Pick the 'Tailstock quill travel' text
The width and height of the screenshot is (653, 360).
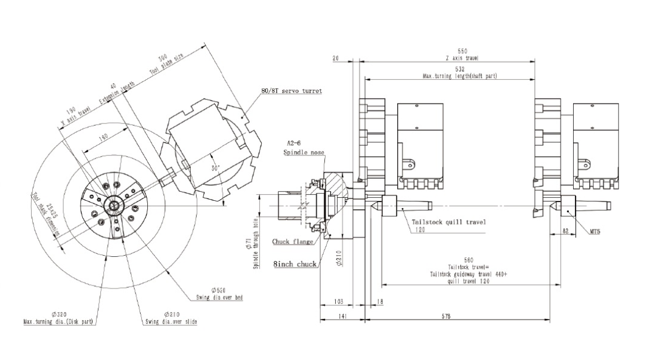(449, 222)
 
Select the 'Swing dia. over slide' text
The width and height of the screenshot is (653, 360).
(171, 322)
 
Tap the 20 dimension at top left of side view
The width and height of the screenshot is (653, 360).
(335, 58)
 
